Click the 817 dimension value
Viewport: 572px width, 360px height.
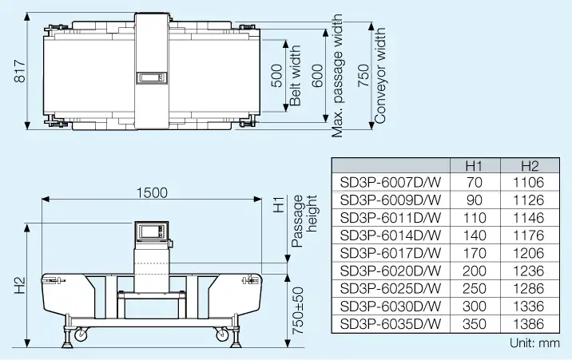(20, 71)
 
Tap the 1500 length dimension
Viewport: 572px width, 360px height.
(152, 192)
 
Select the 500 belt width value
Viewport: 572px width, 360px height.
(277, 75)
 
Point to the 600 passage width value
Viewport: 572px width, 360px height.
(319, 75)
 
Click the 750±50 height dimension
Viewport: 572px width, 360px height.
(298, 311)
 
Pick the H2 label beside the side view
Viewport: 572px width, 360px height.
(20, 285)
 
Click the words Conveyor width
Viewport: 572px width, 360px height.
(379, 75)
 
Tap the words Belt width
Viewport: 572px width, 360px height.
(295, 75)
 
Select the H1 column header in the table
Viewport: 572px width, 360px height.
(475, 166)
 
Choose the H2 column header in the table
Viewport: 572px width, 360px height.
(530, 166)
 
